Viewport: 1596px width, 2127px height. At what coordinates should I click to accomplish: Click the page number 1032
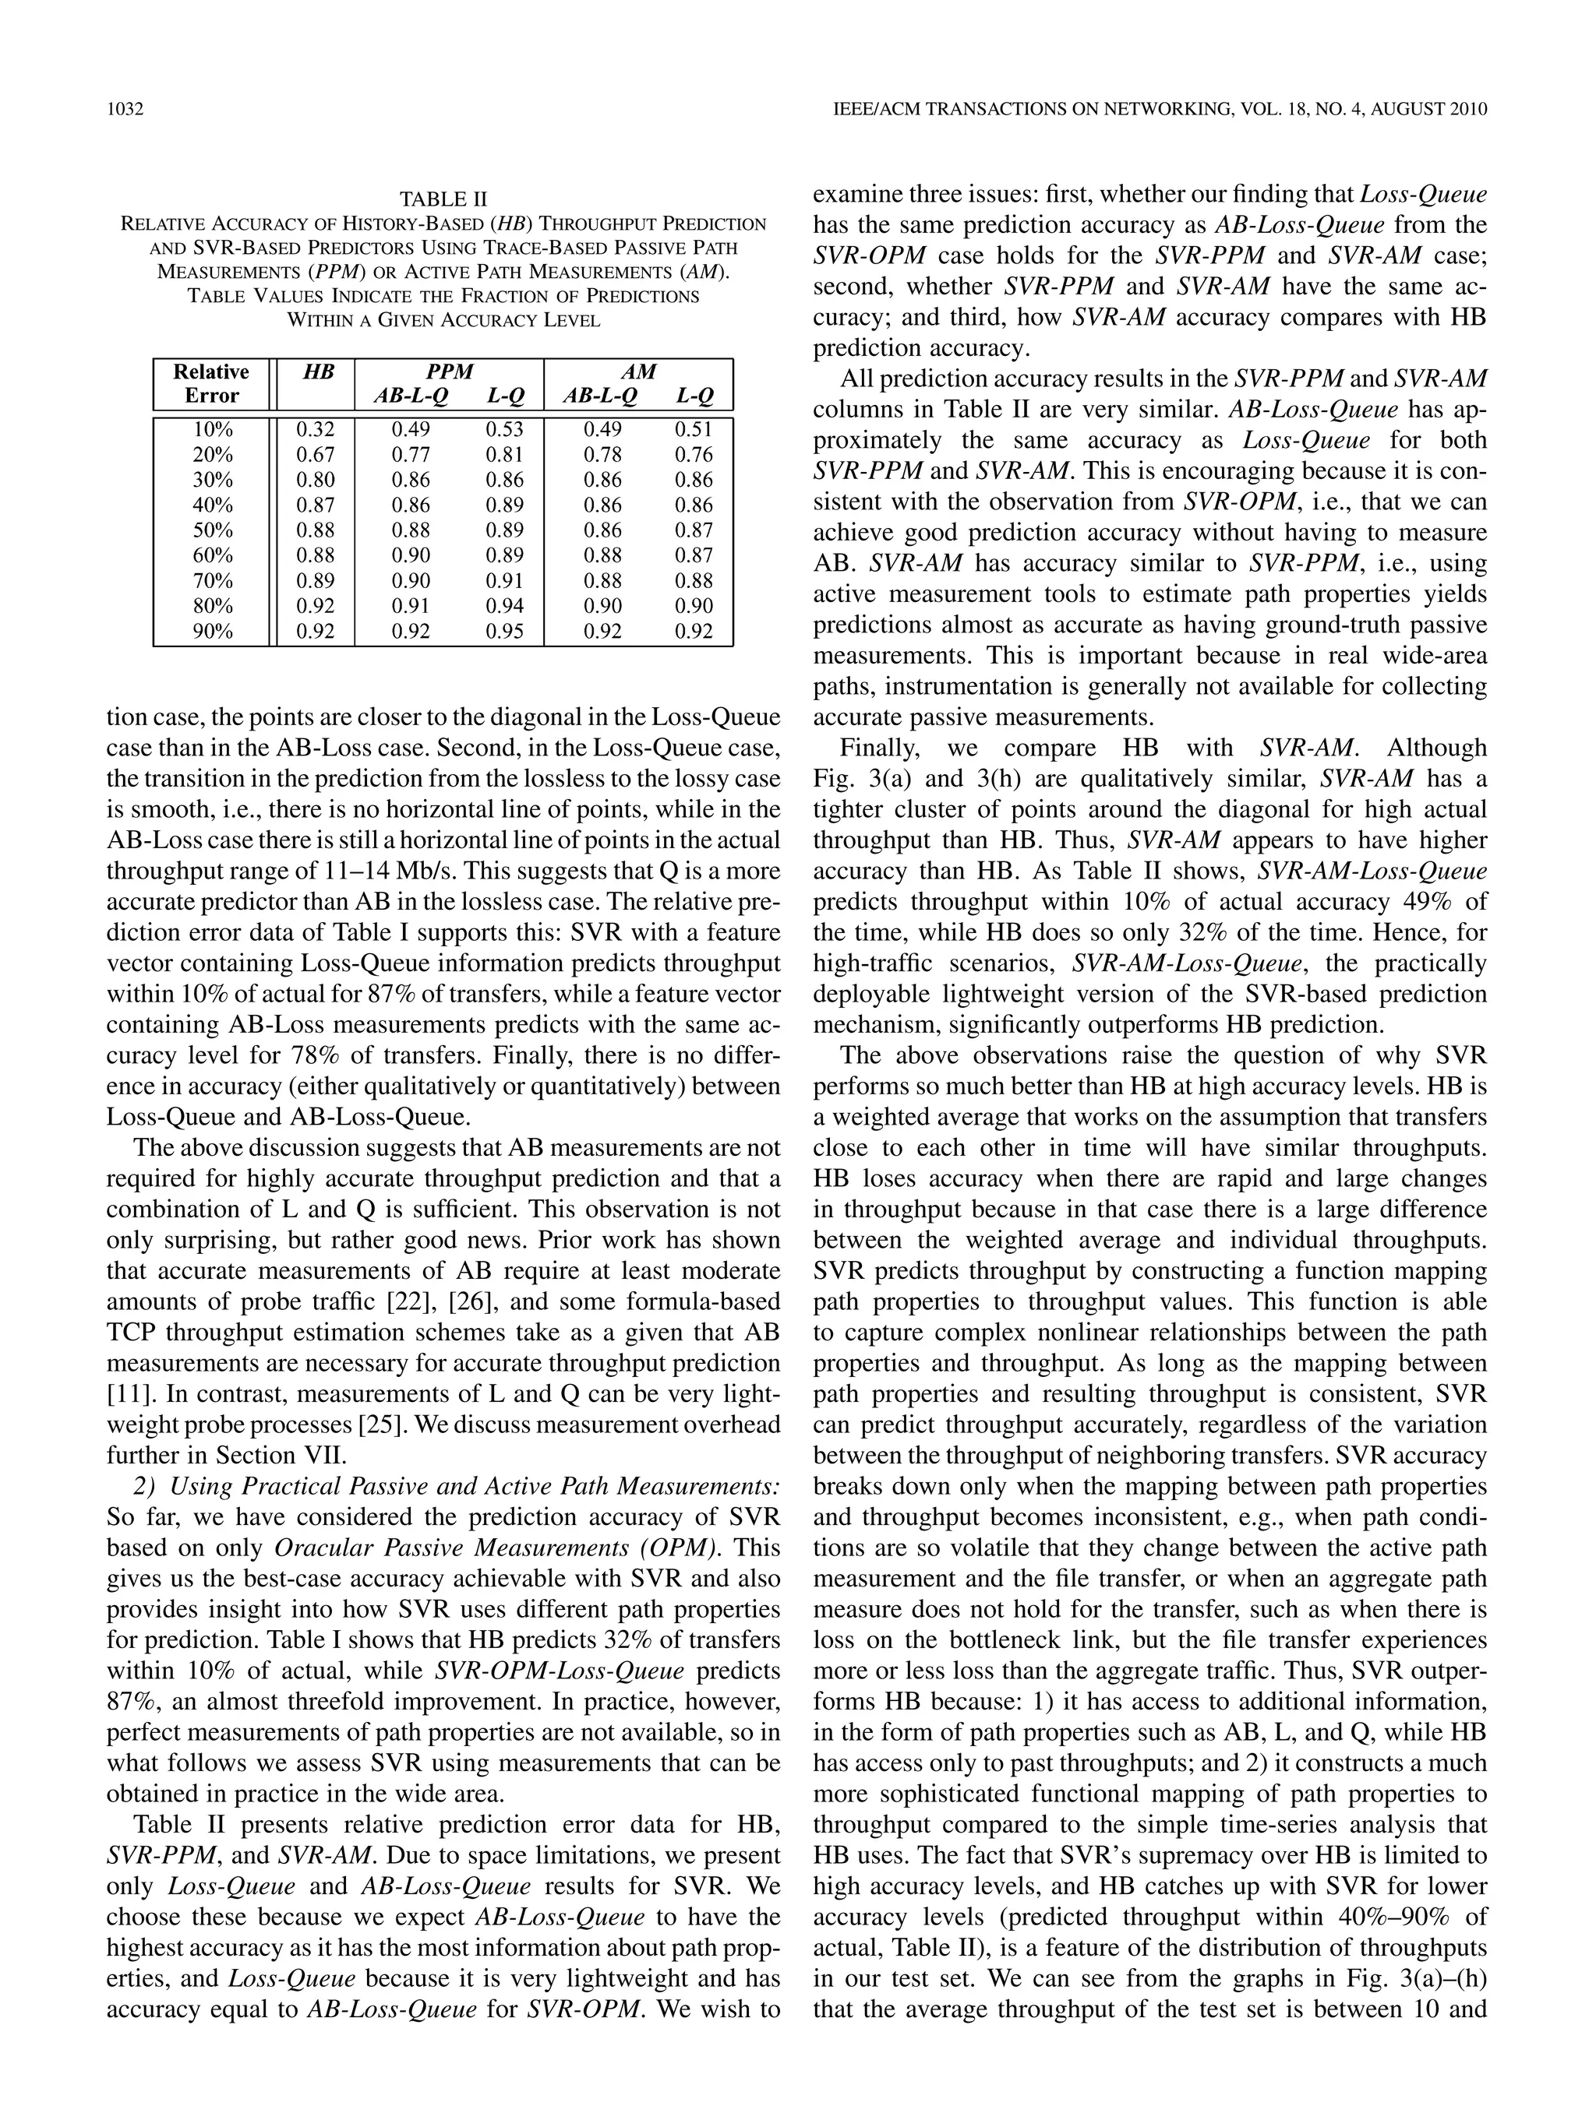point(125,110)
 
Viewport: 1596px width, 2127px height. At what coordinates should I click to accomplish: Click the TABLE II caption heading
point(443,199)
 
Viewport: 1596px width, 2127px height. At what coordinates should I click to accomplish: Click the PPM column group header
point(450,372)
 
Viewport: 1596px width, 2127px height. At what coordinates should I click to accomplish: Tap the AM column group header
point(639,372)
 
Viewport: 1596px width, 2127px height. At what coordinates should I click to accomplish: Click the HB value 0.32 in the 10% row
point(316,429)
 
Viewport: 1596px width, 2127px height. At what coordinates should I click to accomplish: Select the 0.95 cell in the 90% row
point(505,632)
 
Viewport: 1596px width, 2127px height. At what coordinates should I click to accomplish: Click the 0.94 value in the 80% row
point(505,606)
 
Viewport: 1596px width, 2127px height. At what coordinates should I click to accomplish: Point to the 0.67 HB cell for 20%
point(316,454)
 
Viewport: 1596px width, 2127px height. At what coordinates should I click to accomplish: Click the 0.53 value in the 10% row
point(505,429)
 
